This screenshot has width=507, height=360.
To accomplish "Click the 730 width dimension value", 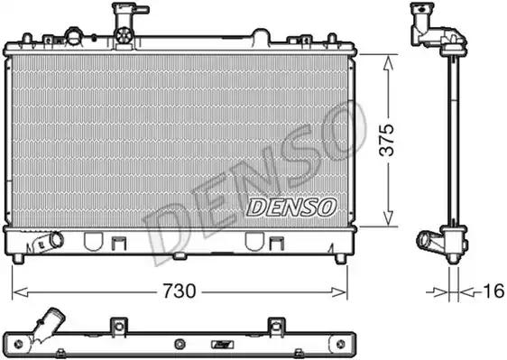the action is (x=180, y=291).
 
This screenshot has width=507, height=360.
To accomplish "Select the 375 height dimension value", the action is (x=387, y=140).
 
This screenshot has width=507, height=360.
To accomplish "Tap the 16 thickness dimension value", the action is (x=493, y=291).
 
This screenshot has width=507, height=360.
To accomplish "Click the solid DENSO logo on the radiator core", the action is (x=291, y=207).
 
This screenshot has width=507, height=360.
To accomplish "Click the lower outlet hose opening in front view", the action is (x=57, y=240).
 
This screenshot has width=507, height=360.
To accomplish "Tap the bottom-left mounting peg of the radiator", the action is (x=18, y=258).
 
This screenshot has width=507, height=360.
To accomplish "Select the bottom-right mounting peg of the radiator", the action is (x=340, y=258).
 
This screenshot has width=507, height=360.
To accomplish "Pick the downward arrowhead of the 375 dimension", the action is (x=388, y=217).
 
